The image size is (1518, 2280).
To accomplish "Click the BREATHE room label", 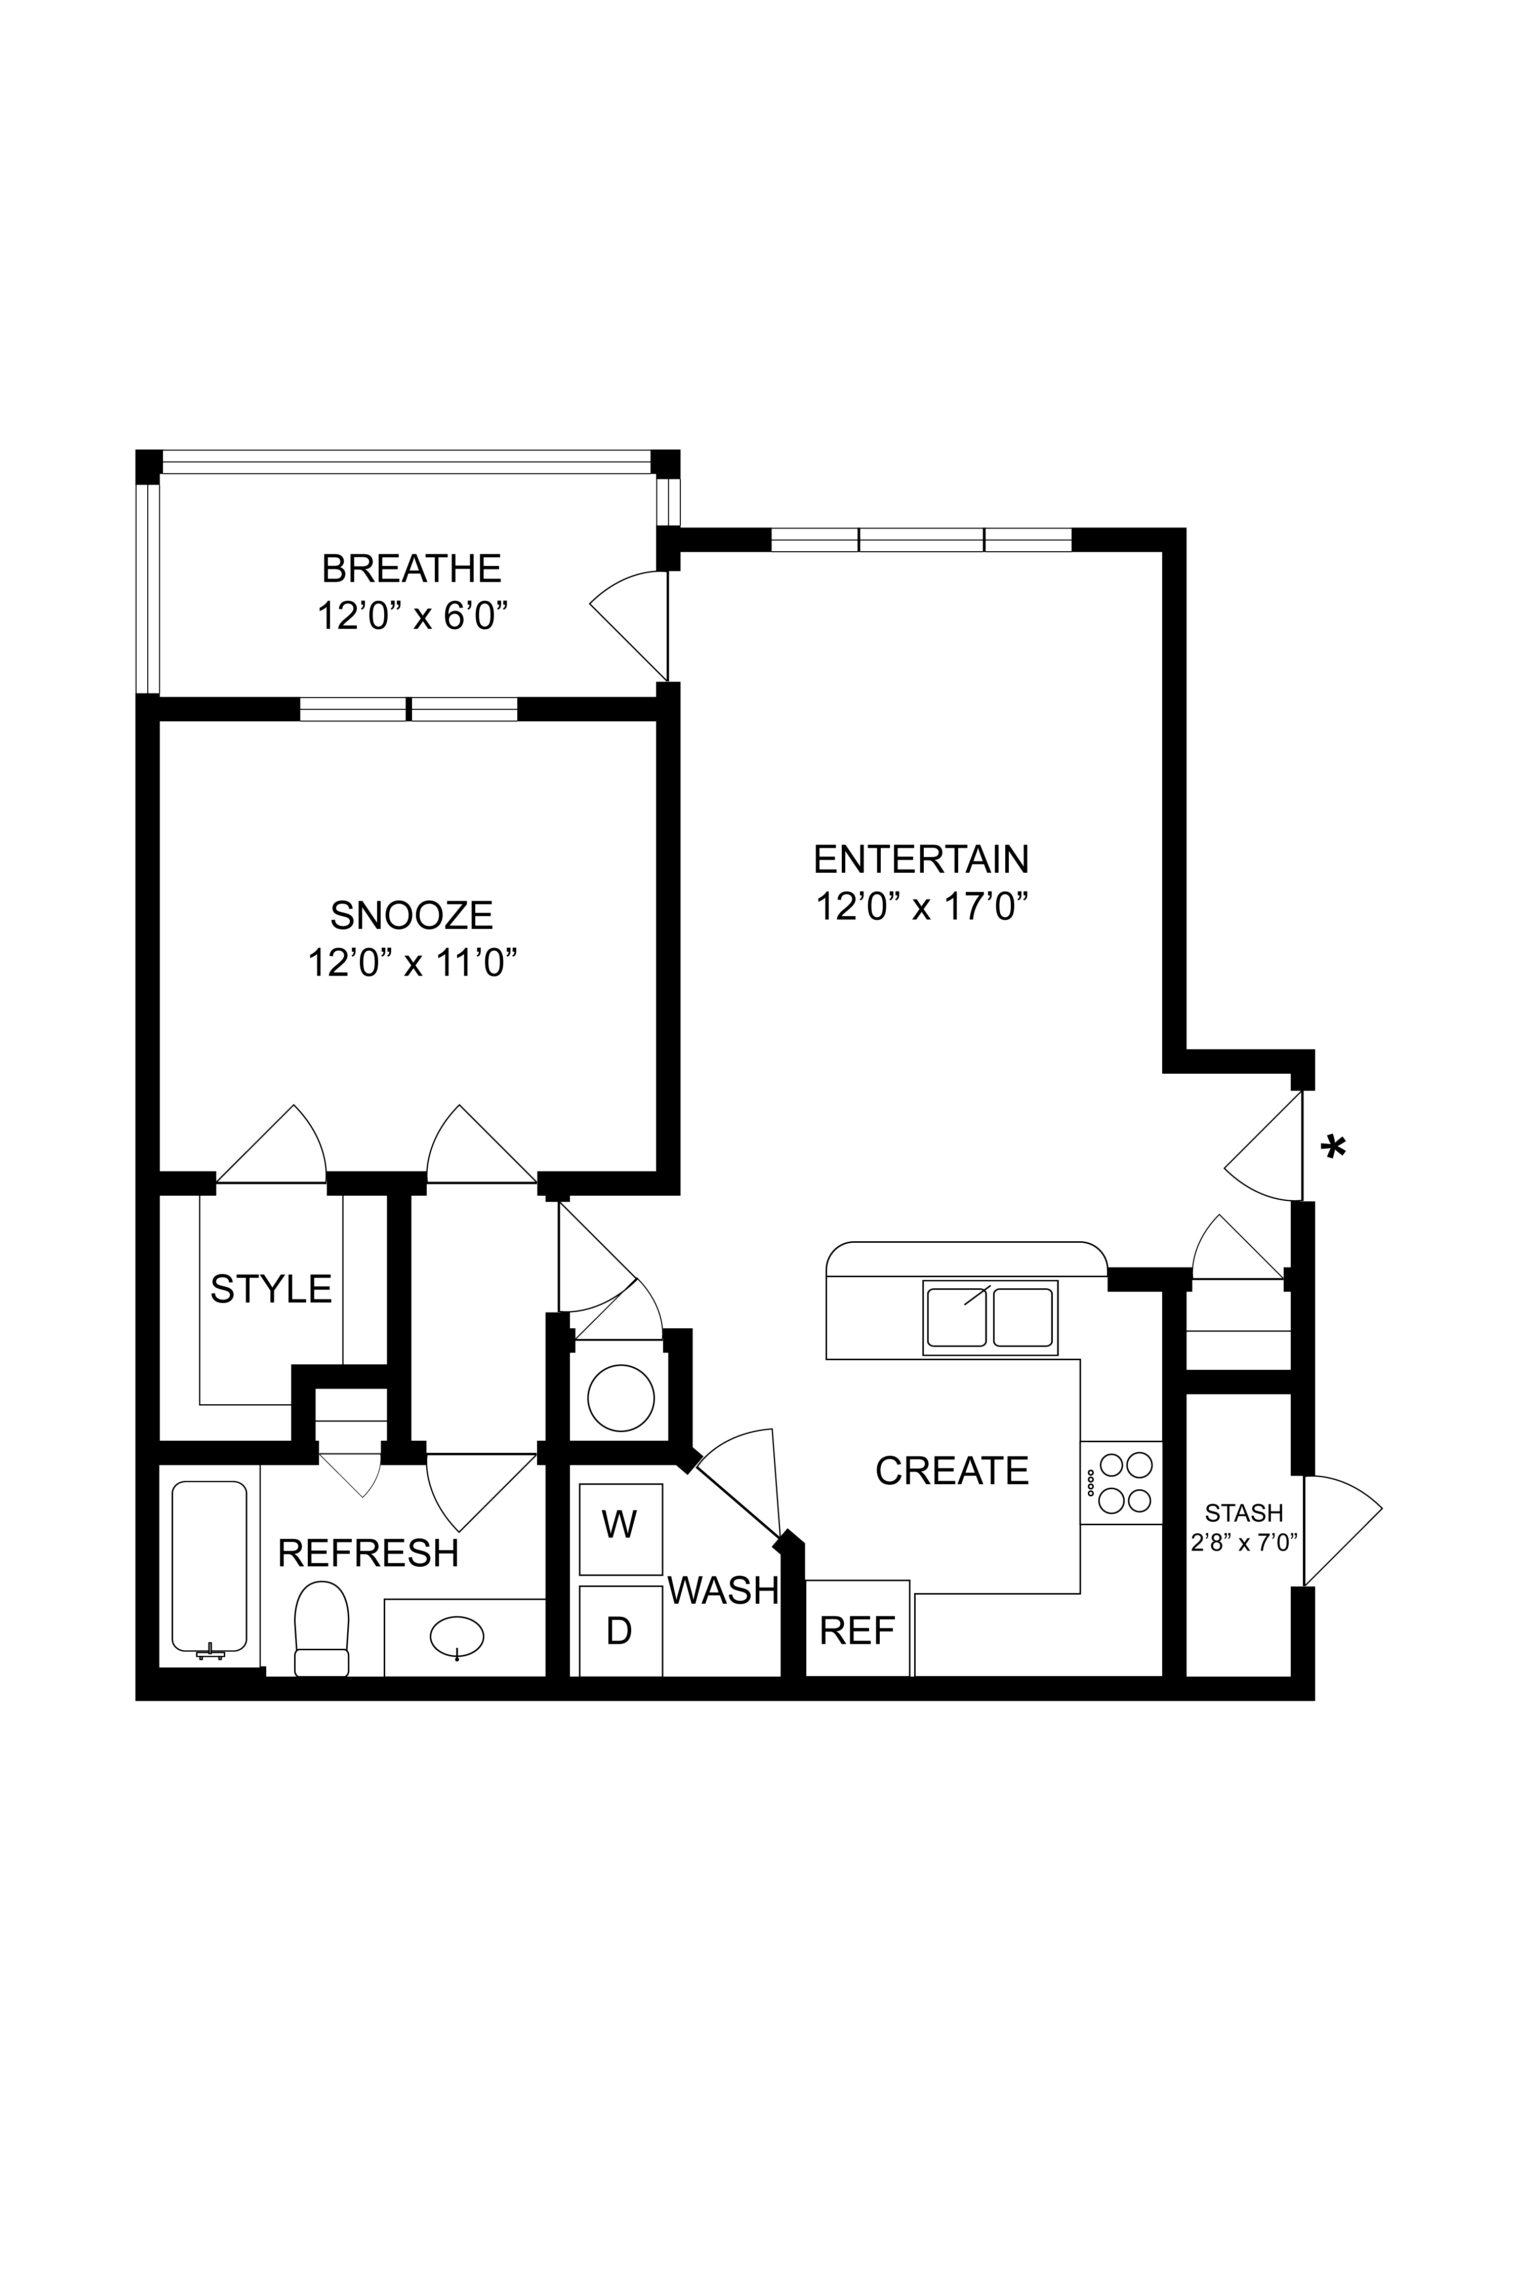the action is [412, 568].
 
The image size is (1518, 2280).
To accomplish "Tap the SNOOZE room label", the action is [412, 915].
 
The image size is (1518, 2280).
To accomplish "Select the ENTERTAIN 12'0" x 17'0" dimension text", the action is [921, 907].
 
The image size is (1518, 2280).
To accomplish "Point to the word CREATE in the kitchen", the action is [952, 1471].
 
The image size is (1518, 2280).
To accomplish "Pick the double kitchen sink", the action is [990, 1318].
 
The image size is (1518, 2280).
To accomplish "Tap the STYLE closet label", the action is [271, 1289].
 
